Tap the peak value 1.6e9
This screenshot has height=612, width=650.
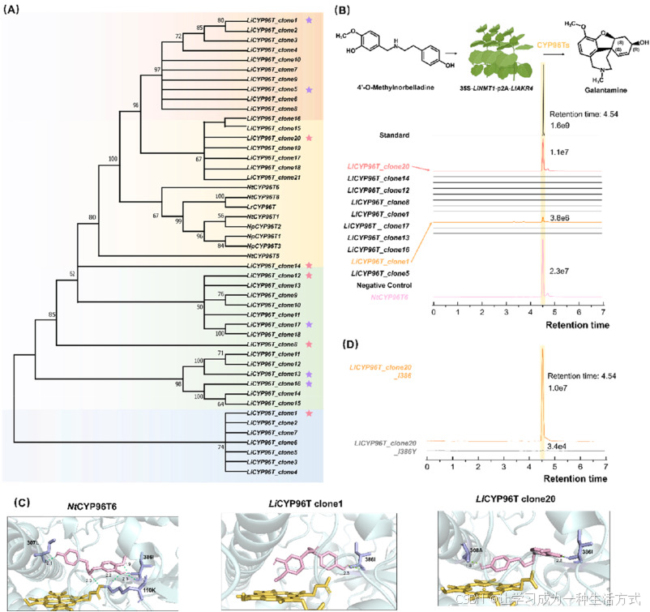point(559,127)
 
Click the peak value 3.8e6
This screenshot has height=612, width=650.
point(559,217)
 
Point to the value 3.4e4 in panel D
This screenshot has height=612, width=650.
point(556,447)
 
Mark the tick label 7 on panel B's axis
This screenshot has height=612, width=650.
point(602,310)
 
